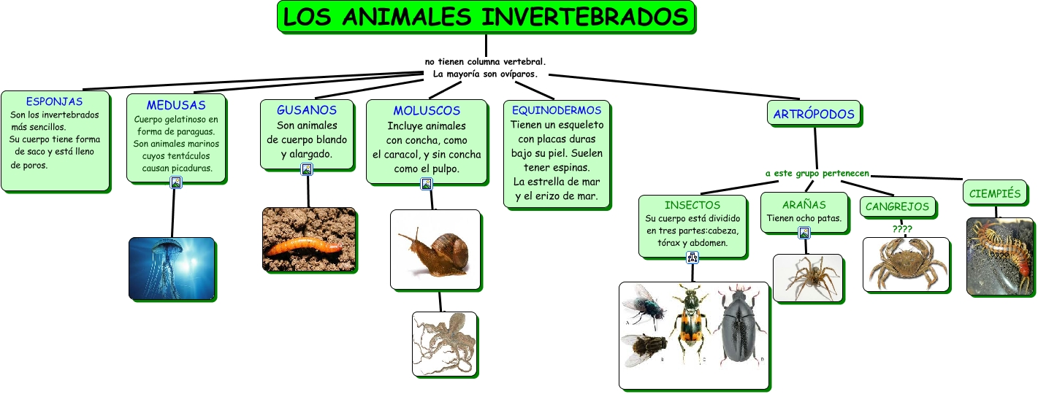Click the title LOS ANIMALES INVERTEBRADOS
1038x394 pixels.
486,17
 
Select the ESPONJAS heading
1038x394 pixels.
54,101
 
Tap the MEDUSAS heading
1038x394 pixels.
176,105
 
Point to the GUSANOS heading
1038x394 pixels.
307,109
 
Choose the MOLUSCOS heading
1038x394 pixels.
427,110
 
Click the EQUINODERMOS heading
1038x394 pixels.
557,110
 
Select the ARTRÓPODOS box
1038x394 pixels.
814,113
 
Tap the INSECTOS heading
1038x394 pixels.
692,205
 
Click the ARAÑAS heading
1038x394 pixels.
804,204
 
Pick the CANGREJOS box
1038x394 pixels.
898,206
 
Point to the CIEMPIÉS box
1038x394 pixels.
995,193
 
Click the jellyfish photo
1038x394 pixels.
172,269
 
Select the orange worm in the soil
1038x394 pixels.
304,246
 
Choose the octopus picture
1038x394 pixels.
444,344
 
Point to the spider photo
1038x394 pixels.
808,278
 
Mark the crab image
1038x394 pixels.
907,264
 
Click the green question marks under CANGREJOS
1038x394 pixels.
902,228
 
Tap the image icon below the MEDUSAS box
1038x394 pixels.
175,182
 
